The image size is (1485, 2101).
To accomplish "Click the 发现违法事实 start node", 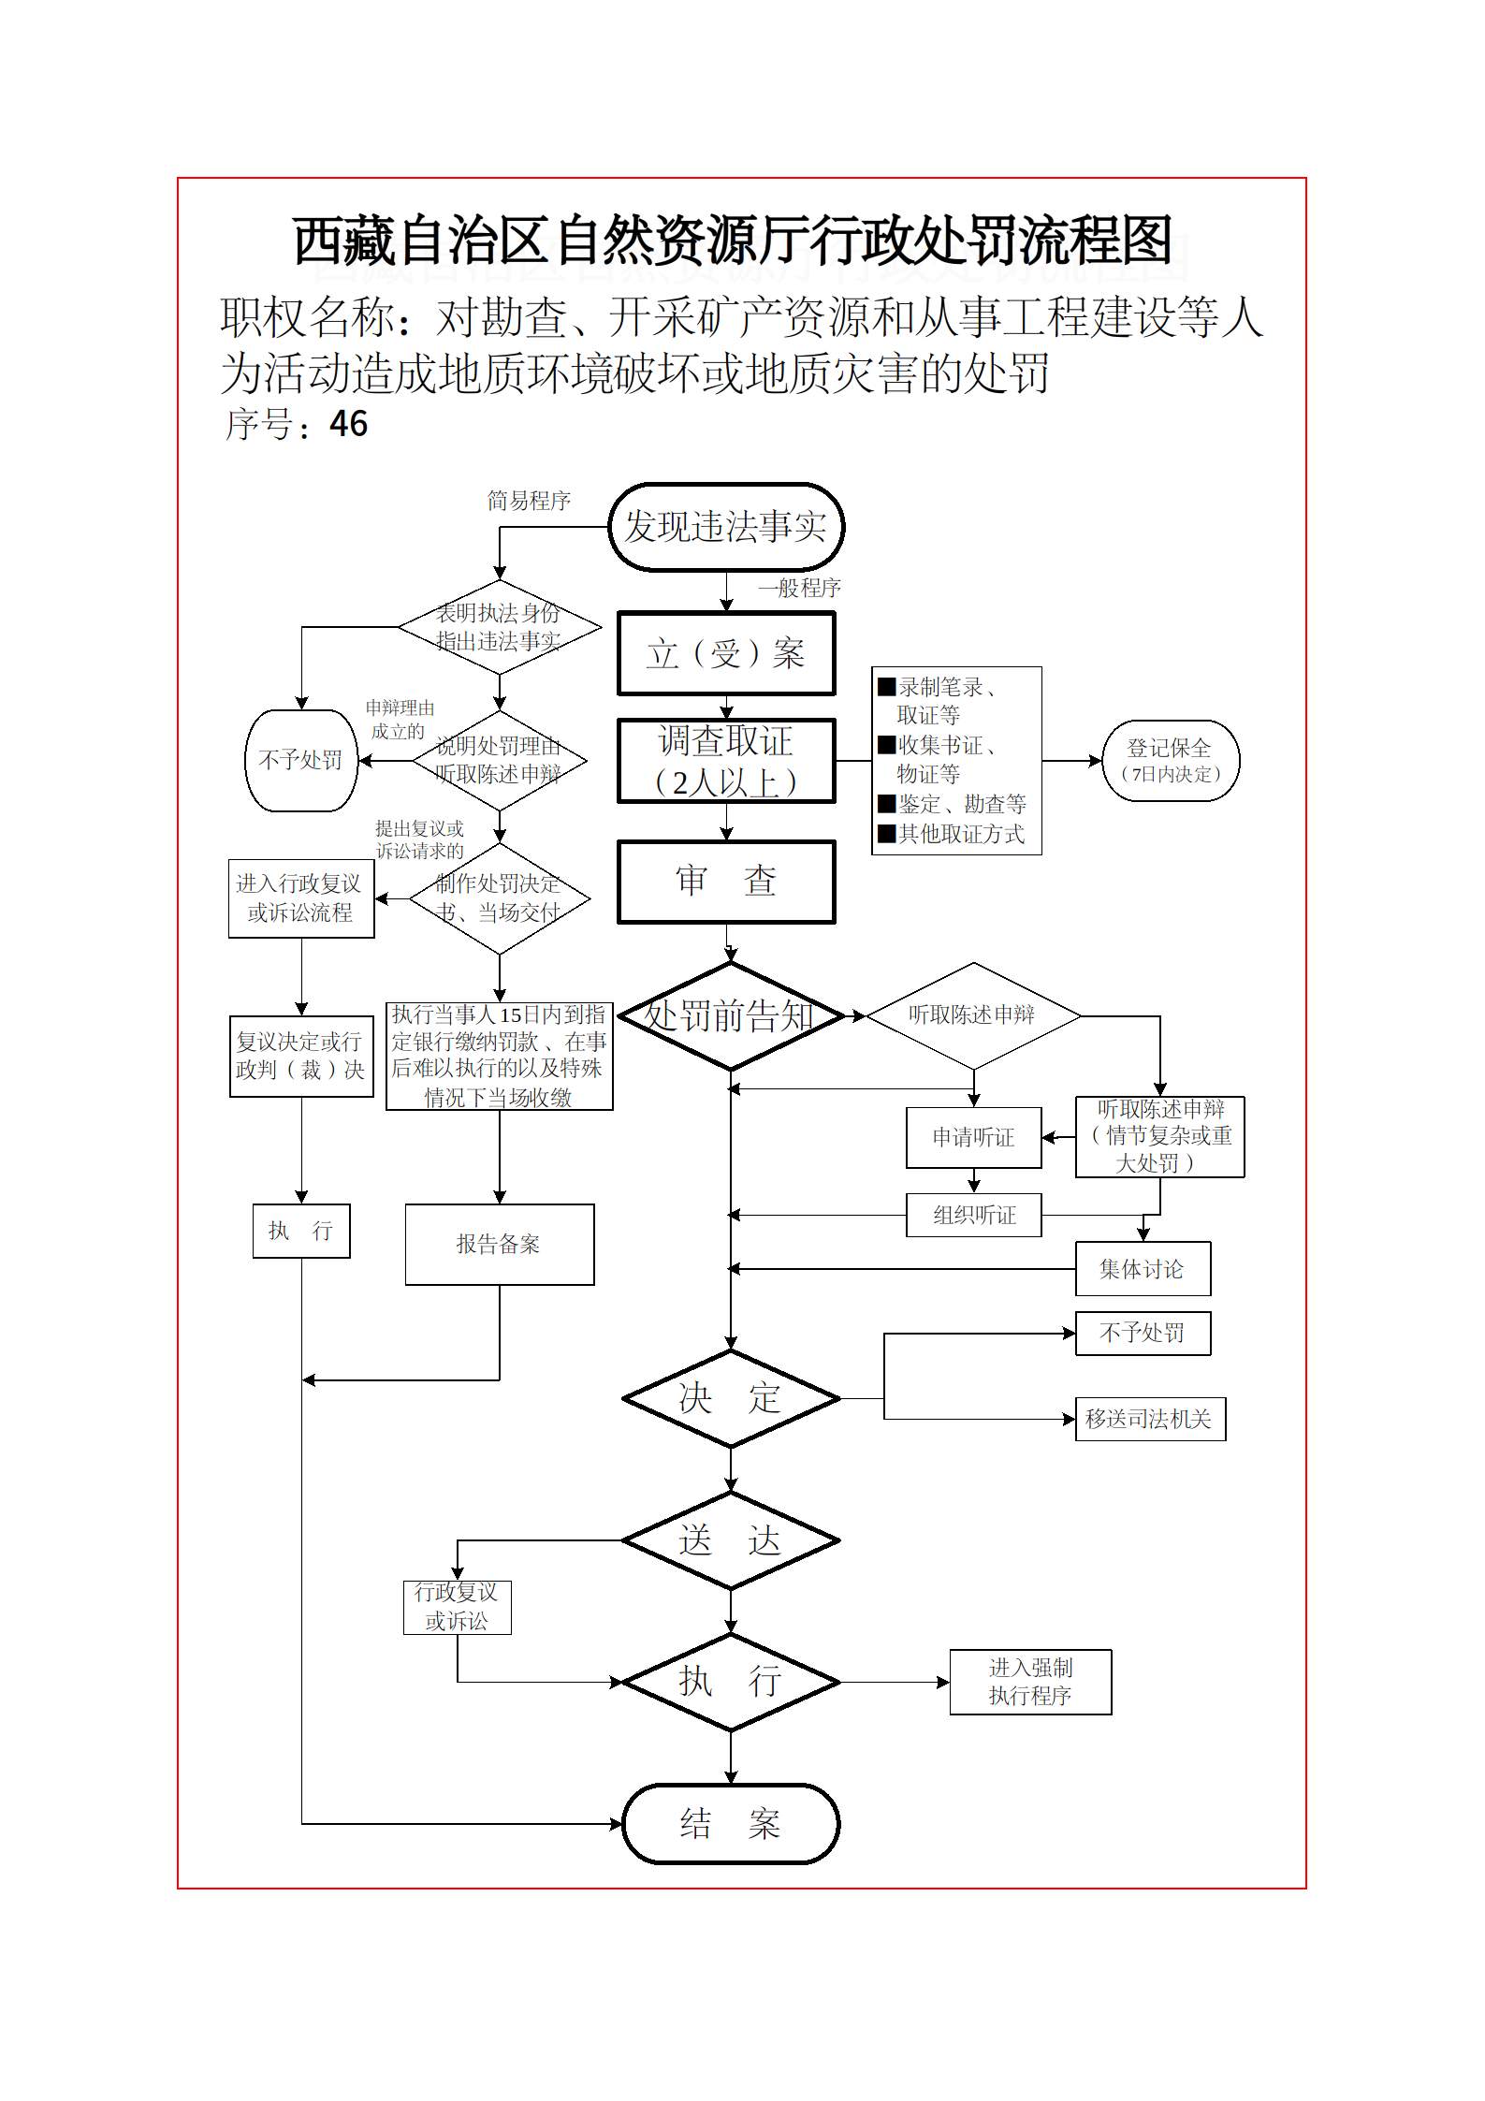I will tap(725, 527).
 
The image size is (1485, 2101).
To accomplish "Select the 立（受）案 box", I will tap(725, 653).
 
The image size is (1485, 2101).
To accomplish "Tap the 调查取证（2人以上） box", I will tap(725, 761).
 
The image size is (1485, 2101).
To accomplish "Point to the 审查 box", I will tap(725, 881).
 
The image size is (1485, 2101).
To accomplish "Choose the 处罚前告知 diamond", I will tap(730, 1016).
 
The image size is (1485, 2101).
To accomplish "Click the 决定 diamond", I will tap(730, 1398).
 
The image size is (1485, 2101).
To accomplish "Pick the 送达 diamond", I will tap(730, 1540).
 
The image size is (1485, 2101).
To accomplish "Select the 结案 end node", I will tap(730, 1823).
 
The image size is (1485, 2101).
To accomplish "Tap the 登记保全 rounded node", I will tap(1170, 760).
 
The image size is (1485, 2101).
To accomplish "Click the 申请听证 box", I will tap(973, 1137).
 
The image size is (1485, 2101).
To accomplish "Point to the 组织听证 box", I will tap(973, 1215).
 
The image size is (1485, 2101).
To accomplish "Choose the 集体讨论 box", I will tap(1142, 1269).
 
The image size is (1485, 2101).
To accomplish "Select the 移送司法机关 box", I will tap(1149, 1419).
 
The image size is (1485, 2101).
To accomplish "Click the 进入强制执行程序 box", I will tap(1029, 1682).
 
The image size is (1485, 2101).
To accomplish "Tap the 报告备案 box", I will tap(499, 1244).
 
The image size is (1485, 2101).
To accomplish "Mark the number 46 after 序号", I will tap(349, 424).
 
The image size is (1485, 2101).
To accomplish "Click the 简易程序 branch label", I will tap(529, 501).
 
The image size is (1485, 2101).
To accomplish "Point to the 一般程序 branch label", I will tap(799, 588).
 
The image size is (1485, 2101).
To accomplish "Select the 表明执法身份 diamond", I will tap(499, 627).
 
